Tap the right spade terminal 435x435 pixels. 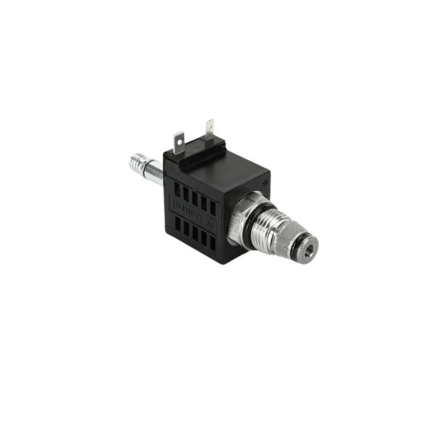tap(210, 130)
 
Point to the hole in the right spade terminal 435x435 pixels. tap(210, 127)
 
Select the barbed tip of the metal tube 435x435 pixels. tap(137, 163)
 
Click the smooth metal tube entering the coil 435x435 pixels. tap(154, 173)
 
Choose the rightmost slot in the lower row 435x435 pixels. tap(212, 242)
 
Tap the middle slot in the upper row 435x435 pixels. tap(195, 196)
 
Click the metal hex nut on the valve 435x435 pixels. tap(236, 224)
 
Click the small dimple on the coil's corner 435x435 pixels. tap(266, 182)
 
